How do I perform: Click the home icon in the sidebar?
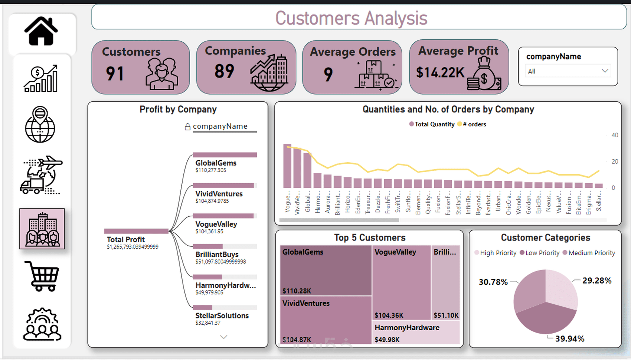click(41, 32)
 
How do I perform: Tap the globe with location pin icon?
click(40, 124)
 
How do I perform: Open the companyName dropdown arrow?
click(605, 71)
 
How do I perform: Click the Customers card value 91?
click(115, 73)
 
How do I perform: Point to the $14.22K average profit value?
click(440, 72)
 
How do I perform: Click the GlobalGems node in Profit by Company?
click(216, 163)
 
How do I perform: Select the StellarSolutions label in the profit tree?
click(222, 315)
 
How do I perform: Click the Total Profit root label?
click(126, 239)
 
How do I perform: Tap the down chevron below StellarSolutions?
click(223, 337)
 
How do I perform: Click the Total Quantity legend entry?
click(432, 124)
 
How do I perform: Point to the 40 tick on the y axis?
click(615, 135)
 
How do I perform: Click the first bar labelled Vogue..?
click(287, 166)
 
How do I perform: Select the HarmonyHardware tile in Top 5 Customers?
click(407, 328)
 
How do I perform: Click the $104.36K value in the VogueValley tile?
click(389, 315)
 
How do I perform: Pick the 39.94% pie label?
click(570, 338)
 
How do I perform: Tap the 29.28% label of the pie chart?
click(596, 281)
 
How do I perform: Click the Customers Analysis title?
click(351, 18)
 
